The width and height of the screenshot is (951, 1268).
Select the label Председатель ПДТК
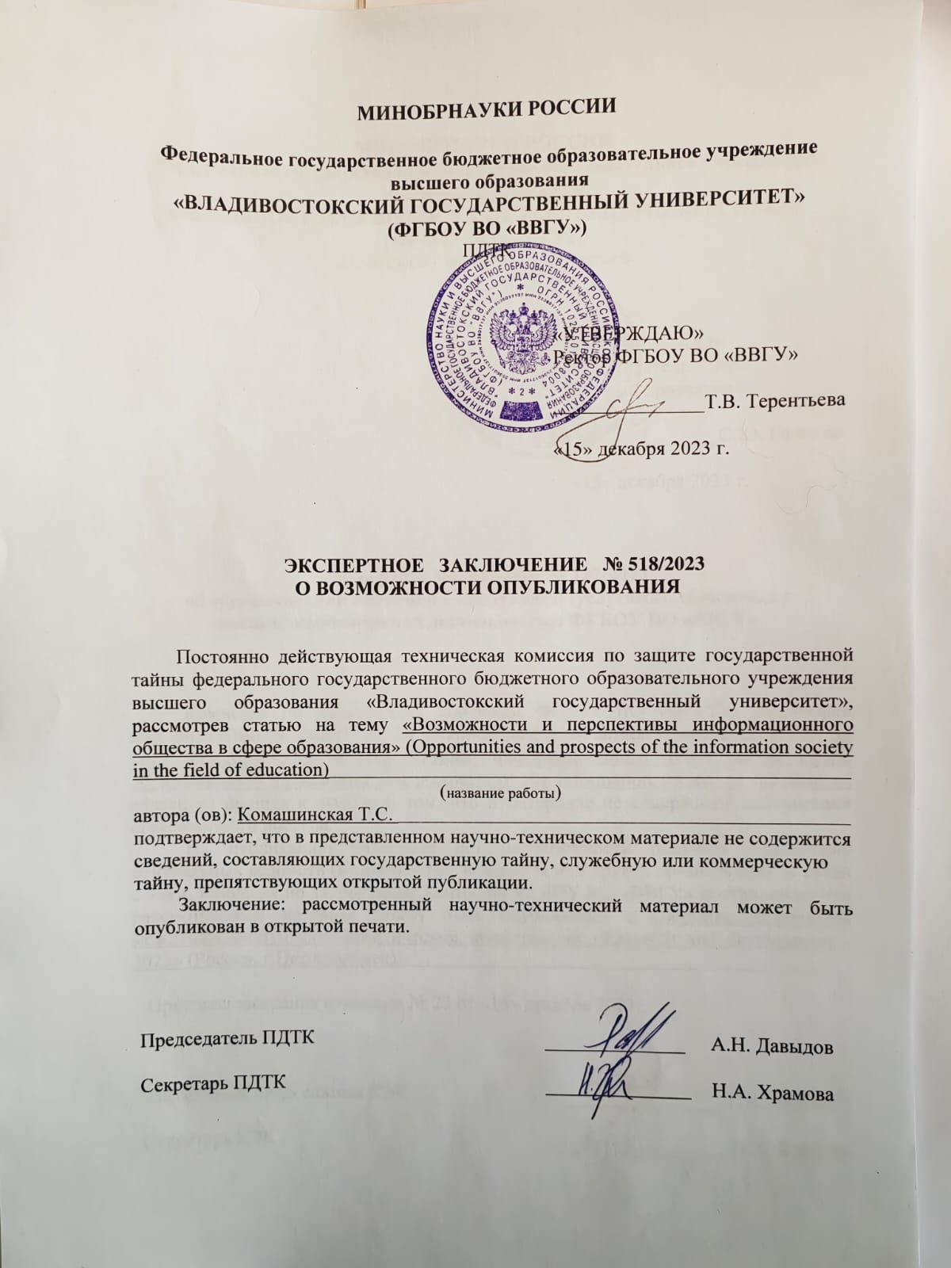(227, 1039)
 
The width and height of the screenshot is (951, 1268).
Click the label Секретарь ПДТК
(214, 1083)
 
